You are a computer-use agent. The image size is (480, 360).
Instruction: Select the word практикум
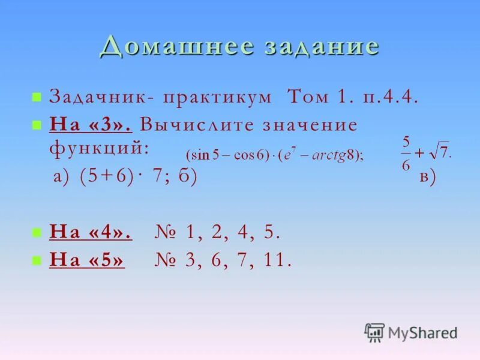coord(218,97)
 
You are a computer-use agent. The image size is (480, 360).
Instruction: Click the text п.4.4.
coord(387,97)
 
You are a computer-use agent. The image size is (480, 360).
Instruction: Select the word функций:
coord(99,148)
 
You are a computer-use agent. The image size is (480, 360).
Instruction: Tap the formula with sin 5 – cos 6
coord(274,155)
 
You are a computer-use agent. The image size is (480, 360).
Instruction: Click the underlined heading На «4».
coord(91,232)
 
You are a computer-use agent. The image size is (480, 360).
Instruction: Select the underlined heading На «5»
coord(88,260)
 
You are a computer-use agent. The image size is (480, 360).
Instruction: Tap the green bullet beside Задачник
coord(37,97)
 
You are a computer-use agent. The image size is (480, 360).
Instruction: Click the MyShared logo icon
coord(374,332)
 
